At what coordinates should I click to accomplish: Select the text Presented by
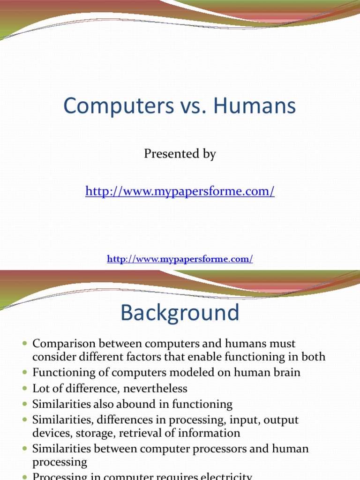(180, 154)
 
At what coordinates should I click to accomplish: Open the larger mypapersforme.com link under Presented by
(180, 191)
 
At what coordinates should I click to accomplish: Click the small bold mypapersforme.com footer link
(180, 259)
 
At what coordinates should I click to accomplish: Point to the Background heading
(180, 313)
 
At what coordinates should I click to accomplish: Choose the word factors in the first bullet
(144, 357)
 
